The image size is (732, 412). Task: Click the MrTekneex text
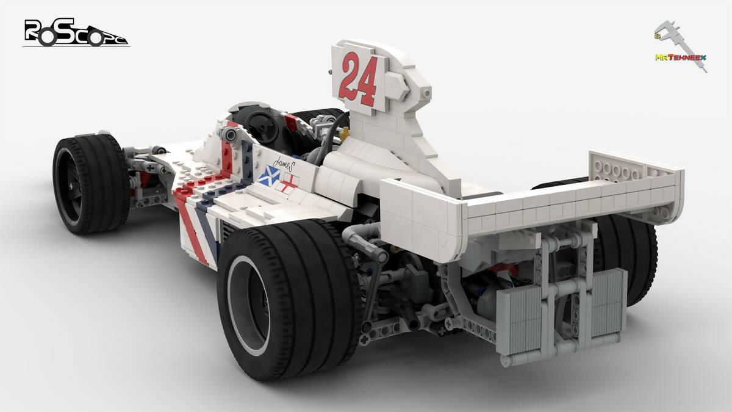coord(680,57)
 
